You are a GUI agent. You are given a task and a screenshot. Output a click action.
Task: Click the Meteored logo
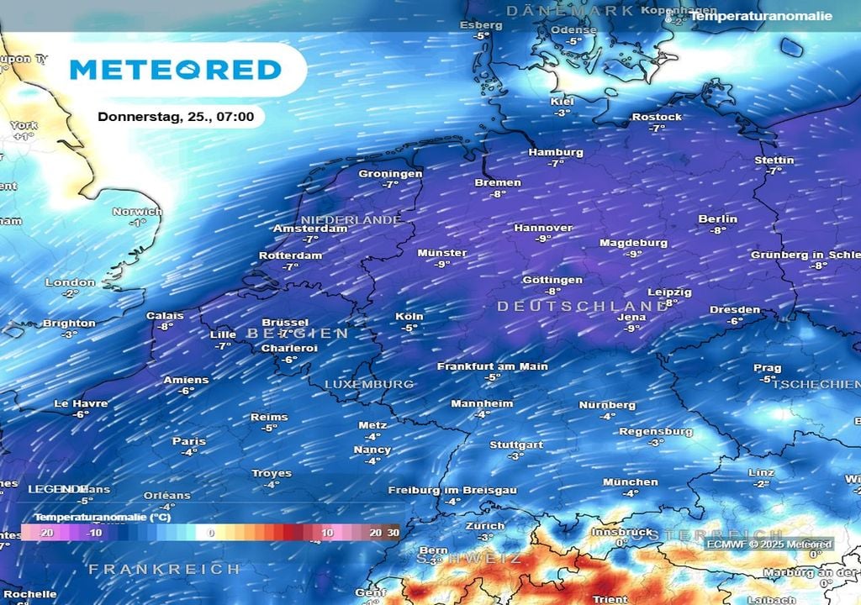[x=175, y=69]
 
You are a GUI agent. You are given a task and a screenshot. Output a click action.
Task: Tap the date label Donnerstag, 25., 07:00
[x=176, y=117]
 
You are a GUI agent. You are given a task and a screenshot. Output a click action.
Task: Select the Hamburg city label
[x=556, y=152]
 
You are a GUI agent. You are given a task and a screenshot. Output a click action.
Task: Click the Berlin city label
[x=717, y=218]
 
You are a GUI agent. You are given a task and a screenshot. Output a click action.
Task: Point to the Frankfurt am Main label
[x=492, y=366]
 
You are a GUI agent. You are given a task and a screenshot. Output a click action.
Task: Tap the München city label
[x=630, y=481]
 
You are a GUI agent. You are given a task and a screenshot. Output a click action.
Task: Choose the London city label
[x=70, y=282]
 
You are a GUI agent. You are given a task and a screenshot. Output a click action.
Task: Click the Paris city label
[x=188, y=441]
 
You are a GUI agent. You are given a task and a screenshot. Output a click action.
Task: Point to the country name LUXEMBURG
[x=369, y=384]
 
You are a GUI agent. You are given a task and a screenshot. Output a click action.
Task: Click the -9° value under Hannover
[x=544, y=239]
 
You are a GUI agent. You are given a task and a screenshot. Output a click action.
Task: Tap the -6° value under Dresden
[x=735, y=321]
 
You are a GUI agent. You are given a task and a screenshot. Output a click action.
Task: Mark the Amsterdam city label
[x=310, y=228]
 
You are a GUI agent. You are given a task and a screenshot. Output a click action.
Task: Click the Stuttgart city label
[x=515, y=445]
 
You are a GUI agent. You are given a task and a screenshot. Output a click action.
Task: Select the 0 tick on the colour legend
[x=211, y=533]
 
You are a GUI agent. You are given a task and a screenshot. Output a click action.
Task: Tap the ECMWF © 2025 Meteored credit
[x=770, y=544]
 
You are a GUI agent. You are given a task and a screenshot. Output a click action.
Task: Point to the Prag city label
[x=767, y=368]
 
